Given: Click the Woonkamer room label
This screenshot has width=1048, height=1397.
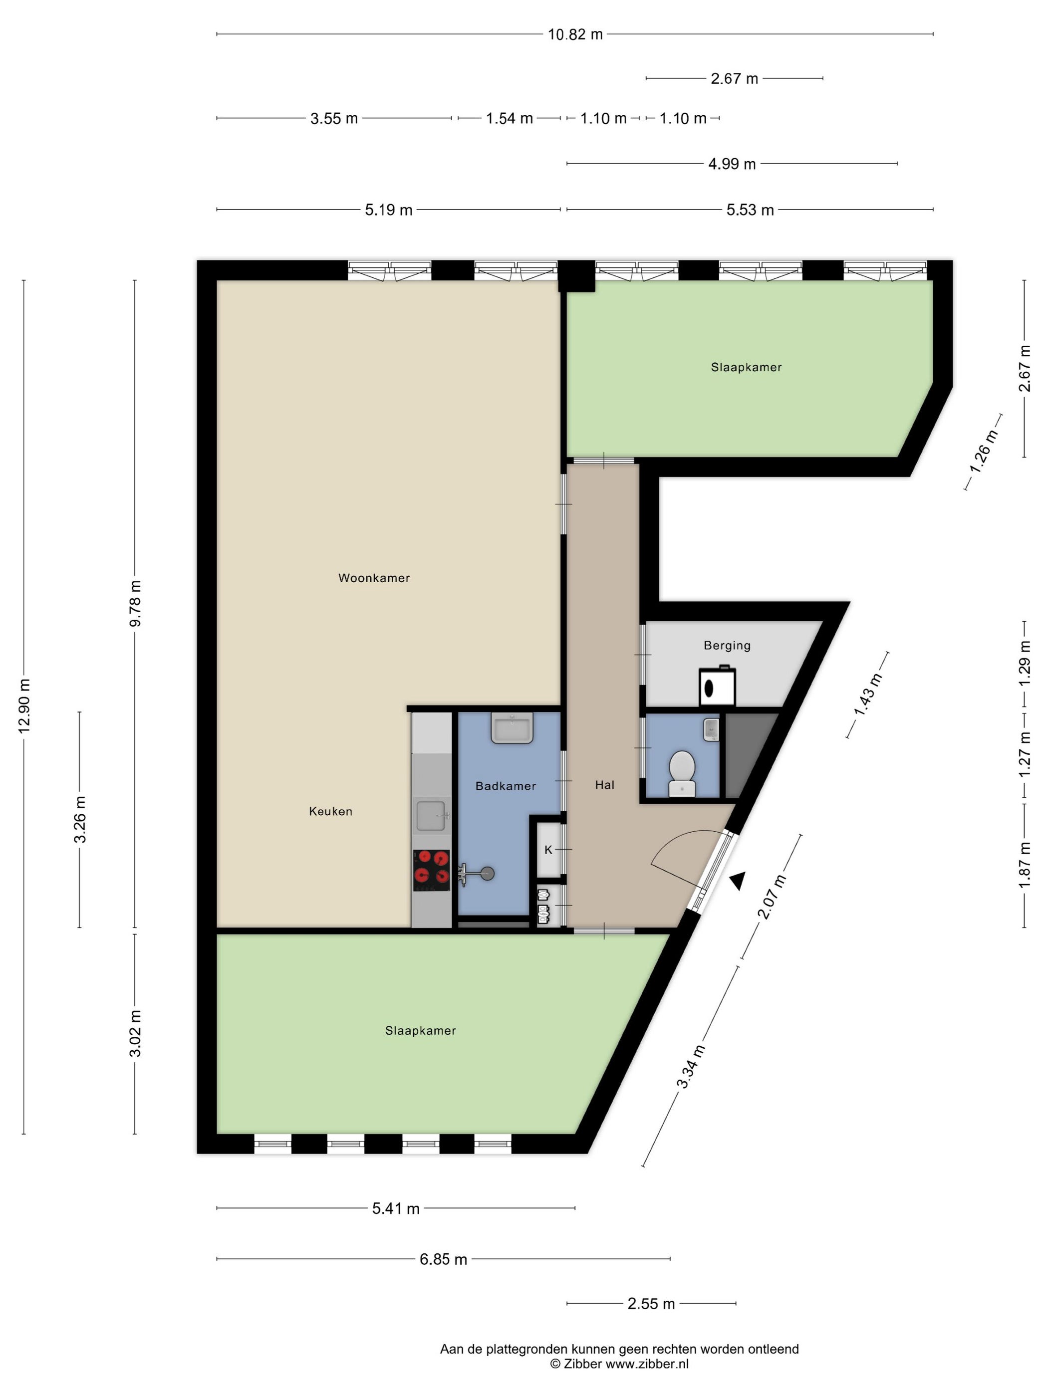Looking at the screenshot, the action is tap(374, 578).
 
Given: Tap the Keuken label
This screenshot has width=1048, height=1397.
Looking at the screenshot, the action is tap(330, 812).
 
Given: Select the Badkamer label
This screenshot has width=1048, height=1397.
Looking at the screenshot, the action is tap(506, 786).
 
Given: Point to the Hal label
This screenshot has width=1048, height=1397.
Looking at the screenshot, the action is tap(604, 785).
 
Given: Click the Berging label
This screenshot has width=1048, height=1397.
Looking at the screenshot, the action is tap(727, 646).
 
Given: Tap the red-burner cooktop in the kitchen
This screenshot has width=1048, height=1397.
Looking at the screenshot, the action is tap(432, 870).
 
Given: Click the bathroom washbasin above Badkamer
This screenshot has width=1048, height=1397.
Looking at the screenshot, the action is tap(513, 728).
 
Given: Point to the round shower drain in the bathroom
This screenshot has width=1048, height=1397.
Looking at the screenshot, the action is tap(487, 874).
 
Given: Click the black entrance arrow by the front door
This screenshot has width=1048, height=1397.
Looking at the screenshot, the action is tap(737, 882).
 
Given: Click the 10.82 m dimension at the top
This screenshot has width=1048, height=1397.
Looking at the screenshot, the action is tap(575, 34).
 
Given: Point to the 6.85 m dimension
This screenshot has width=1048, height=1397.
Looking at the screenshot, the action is tap(444, 1259).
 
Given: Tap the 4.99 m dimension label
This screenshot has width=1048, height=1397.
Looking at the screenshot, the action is tap(732, 164).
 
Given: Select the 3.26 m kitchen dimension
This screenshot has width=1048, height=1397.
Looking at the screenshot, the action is tap(79, 820).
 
